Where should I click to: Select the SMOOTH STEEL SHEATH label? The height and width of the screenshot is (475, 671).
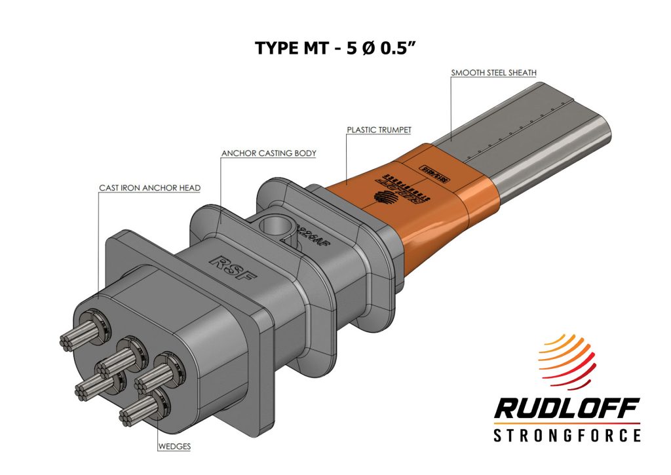pos(494,72)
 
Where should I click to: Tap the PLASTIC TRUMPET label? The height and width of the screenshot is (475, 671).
pos(379,130)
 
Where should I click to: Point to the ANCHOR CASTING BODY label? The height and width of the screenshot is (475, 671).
pos(269,154)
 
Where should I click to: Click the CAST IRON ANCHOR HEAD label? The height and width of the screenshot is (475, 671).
pos(149,188)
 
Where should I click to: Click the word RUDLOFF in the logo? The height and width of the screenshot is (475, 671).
pos(566,410)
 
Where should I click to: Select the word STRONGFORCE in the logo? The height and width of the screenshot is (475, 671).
pos(566,435)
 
